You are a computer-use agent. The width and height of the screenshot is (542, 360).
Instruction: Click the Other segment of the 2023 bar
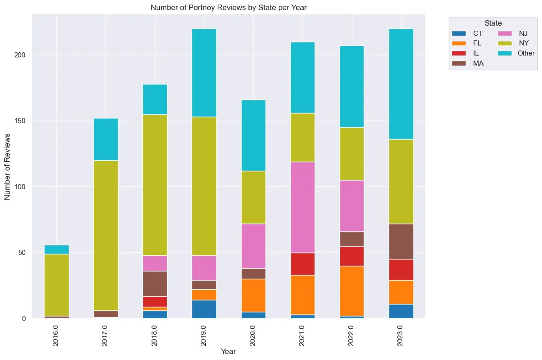tap(401, 84)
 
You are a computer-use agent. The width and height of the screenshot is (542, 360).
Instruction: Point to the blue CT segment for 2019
tap(204, 309)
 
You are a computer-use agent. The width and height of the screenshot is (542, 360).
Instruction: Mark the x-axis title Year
tap(228, 352)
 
